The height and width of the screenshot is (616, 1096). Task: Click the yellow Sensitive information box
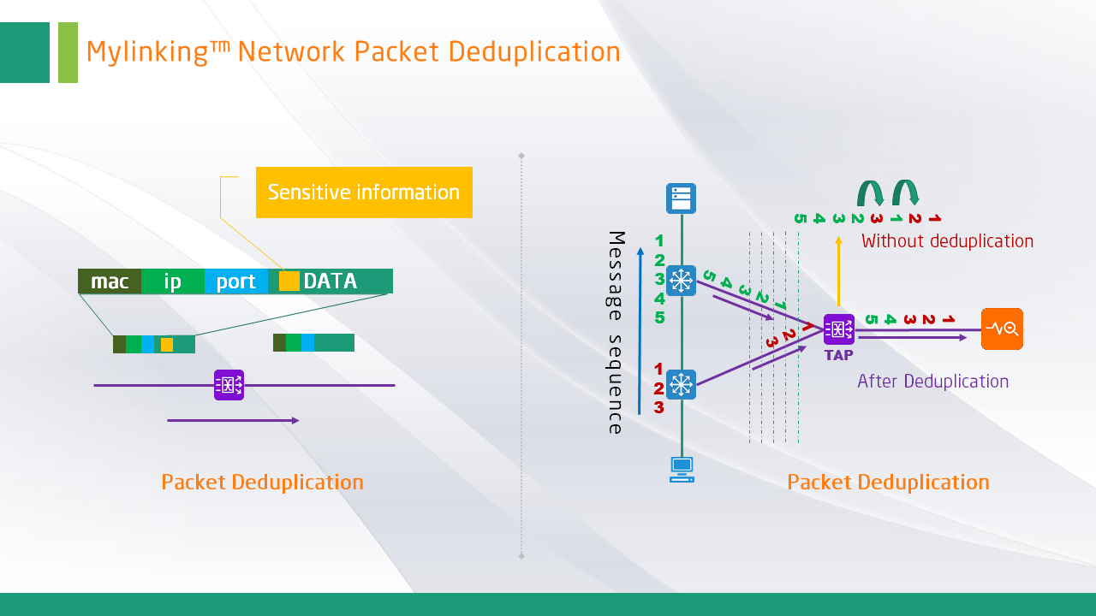(364, 192)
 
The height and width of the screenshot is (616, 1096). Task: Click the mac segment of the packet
(110, 281)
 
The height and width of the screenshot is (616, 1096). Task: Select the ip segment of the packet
(173, 281)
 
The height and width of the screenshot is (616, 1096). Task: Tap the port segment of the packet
(236, 281)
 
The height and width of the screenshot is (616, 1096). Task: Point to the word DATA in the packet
(331, 281)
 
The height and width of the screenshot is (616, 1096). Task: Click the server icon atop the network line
(682, 198)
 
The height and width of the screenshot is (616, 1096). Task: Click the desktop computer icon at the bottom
(682, 469)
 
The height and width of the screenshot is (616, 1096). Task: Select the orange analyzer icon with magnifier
(1002, 329)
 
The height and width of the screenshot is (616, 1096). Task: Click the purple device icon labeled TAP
(839, 329)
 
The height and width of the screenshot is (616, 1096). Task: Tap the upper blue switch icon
(682, 281)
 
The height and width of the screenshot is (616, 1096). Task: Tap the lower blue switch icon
(682, 385)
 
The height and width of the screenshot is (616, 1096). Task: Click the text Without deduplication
(947, 241)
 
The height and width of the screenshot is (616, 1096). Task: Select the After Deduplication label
(932, 382)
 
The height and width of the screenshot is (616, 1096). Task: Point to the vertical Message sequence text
(616, 332)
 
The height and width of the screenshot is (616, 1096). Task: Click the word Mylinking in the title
(147, 52)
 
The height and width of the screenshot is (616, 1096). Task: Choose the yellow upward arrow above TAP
(839, 269)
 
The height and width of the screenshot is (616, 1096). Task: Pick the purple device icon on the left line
(229, 385)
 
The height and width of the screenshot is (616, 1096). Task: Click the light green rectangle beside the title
(68, 52)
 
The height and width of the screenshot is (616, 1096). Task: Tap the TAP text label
(839, 355)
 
